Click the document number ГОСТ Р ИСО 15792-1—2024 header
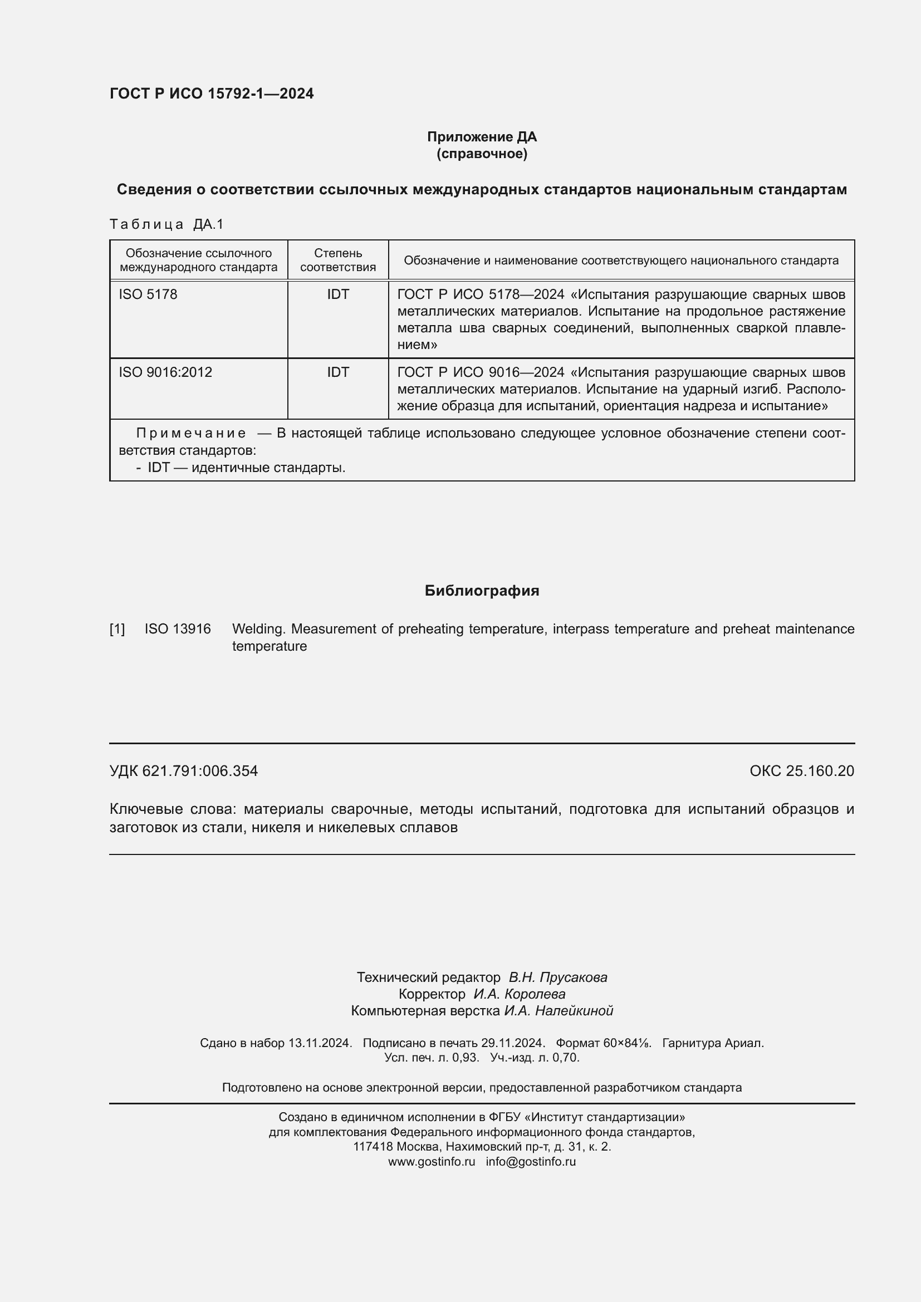(x=212, y=94)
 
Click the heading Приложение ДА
(x=482, y=137)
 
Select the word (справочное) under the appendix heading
(x=482, y=154)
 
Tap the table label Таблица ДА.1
(x=166, y=224)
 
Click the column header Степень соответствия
(x=338, y=261)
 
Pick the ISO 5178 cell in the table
(x=148, y=294)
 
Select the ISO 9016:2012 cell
(x=165, y=372)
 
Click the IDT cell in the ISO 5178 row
(x=338, y=294)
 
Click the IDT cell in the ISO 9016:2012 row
(x=338, y=372)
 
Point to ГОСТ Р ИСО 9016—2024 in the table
(x=481, y=372)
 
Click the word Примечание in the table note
(x=191, y=433)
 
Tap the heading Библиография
(x=482, y=591)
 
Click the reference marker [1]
(x=117, y=629)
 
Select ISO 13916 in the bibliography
(x=178, y=629)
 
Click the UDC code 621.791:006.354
(x=200, y=770)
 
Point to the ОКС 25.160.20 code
(x=801, y=770)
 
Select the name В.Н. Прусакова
(x=557, y=977)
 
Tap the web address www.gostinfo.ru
(x=432, y=1161)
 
